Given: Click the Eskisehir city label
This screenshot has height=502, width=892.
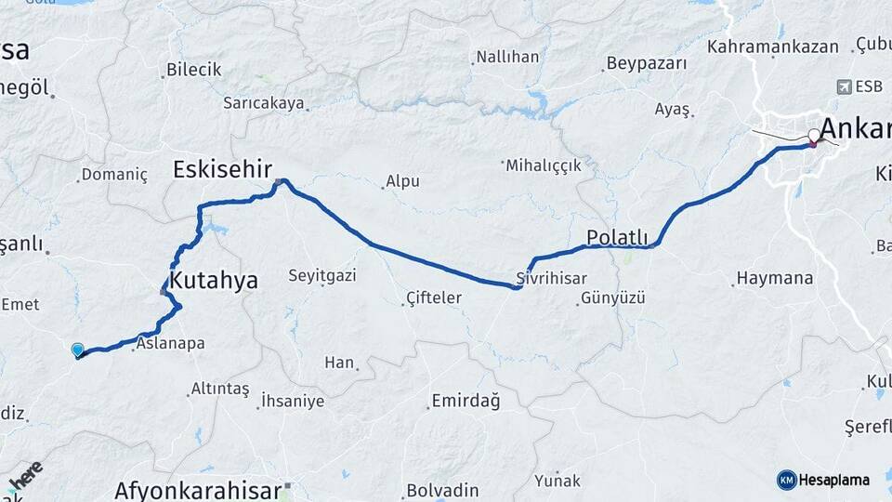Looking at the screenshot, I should point(221,169).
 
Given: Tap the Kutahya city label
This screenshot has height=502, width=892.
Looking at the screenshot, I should point(213,281).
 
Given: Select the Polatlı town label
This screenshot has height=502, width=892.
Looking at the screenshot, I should point(617,237).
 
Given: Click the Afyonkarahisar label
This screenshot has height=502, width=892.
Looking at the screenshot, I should point(197,490).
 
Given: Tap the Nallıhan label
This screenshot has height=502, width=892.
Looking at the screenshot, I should point(507,57).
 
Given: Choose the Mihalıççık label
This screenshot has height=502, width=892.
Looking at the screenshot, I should point(543,165).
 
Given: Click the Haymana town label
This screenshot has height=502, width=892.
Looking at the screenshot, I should point(774,277).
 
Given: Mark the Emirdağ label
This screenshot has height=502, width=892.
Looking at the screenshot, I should point(465,402).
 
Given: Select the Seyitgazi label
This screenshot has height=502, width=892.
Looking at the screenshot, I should point(321,275).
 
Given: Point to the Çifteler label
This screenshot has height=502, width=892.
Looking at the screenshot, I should point(433,297).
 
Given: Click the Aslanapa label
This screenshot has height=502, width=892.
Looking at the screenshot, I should point(170,343).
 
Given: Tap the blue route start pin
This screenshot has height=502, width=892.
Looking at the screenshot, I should point(77,350).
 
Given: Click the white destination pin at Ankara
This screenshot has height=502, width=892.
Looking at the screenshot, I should point(814,136).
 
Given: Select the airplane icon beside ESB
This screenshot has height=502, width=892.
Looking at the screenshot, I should point(844,86).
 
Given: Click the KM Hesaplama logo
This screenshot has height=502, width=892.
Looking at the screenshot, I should point(822,480).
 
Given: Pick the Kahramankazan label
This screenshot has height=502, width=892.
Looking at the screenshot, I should point(772,46).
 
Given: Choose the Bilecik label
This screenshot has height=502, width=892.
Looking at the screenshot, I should point(193,69).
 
